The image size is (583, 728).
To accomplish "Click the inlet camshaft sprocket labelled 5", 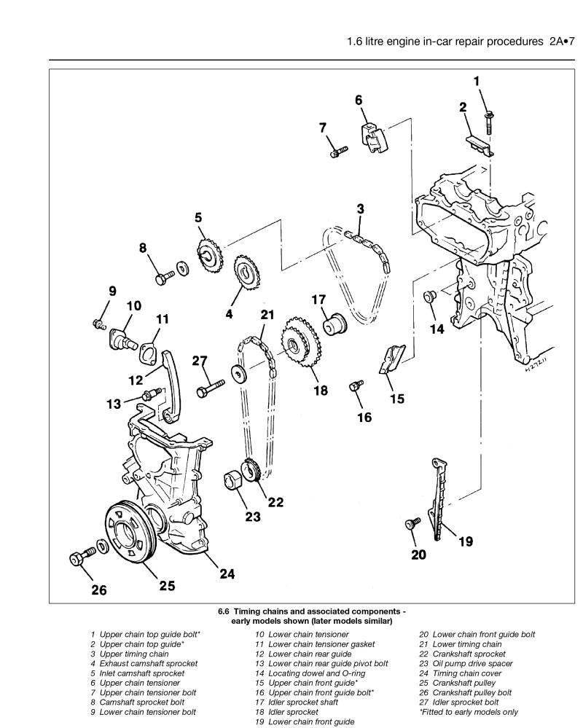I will pos(209,255).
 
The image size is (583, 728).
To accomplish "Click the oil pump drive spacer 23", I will pos(234,482).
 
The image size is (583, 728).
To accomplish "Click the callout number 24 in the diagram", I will pos(227,574).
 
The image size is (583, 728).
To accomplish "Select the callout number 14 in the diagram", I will pos(436,329).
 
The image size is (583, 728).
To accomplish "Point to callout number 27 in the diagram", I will pos(200,361).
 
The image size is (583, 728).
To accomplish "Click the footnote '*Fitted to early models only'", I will pos(469,712).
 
